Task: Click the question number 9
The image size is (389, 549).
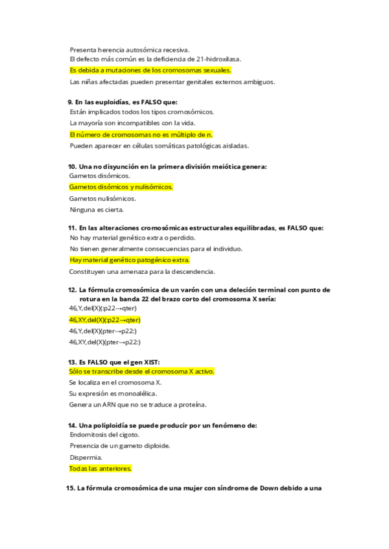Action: (x=71, y=102)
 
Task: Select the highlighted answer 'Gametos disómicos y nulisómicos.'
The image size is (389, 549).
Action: (x=121, y=187)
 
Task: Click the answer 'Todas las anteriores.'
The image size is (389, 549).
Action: (x=100, y=468)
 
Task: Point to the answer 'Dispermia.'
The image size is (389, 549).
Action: (x=86, y=457)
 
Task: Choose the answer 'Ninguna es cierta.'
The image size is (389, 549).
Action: (x=97, y=209)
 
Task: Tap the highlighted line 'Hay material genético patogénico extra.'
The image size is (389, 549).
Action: (x=130, y=260)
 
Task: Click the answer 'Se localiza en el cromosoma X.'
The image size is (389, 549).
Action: (x=115, y=383)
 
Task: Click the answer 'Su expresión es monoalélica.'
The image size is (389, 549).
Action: (x=113, y=394)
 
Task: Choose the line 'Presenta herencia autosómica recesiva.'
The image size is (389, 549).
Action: (x=130, y=49)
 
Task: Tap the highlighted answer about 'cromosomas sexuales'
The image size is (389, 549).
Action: (x=150, y=71)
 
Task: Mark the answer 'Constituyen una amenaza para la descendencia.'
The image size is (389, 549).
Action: (x=142, y=271)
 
